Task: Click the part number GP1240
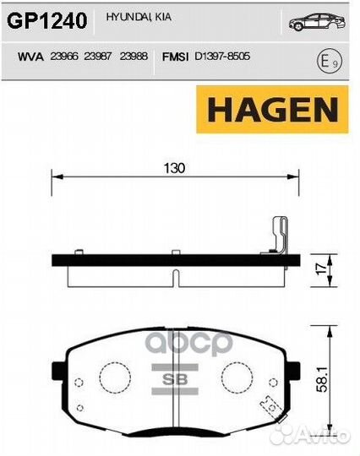tap(47, 20)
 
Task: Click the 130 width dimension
tap(174, 168)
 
